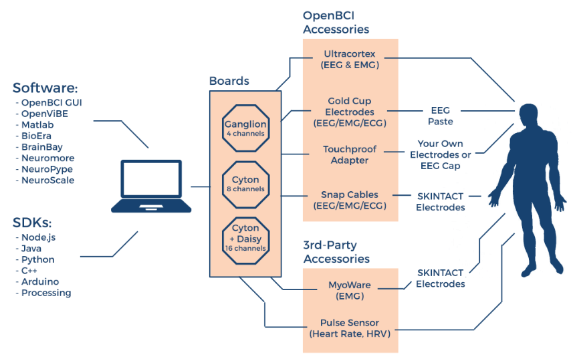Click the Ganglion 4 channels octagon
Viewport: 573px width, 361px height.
click(x=245, y=128)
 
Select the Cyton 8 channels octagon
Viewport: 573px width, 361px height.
click(x=245, y=184)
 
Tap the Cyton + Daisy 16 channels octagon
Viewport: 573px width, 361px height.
click(x=245, y=241)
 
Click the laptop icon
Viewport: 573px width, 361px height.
click(x=151, y=186)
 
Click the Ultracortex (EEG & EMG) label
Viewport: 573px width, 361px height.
click(x=350, y=59)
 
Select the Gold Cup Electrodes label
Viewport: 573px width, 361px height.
click(x=350, y=112)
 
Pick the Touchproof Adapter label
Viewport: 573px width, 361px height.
click(x=350, y=154)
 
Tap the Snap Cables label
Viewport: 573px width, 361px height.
click(x=350, y=201)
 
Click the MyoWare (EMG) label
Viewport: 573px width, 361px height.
click(x=350, y=291)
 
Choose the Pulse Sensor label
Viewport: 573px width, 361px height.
click(x=350, y=328)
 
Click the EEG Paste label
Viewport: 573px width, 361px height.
click(x=441, y=116)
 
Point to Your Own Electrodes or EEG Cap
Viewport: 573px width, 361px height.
click(x=441, y=154)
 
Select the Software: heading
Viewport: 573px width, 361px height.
click(x=45, y=88)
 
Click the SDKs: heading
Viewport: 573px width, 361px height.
click(x=32, y=223)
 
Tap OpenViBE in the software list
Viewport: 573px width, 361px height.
click(x=45, y=114)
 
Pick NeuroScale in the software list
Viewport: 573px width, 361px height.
click(x=48, y=180)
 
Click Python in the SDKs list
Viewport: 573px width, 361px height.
click(x=38, y=260)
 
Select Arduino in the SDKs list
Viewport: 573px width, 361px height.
click(x=40, y=281)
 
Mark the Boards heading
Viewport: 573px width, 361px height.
click(x=229, y=81)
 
